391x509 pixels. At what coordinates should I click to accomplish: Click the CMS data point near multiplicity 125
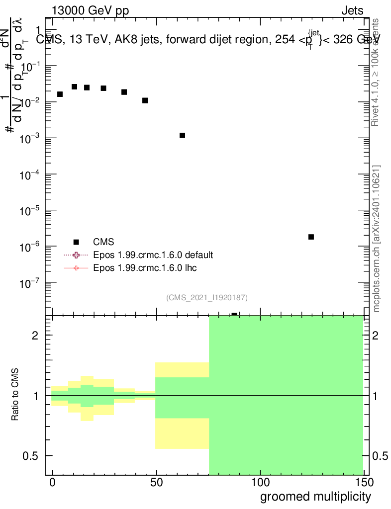(311, 237)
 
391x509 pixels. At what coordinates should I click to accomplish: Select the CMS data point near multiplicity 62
(182, 135)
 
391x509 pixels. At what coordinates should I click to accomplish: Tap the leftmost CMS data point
(60, 94)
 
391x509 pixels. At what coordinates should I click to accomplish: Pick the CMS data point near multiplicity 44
(145, 100)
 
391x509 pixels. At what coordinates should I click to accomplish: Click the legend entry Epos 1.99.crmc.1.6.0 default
(153, 255)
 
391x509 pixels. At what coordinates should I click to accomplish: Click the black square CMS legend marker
(76, 242)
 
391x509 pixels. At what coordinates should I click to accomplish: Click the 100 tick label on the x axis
(260, 482)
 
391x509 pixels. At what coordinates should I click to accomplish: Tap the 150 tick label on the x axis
(363, 482)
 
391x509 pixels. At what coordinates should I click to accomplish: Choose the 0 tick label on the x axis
(52, 482)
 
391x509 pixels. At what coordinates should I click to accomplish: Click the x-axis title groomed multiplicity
(315, 497)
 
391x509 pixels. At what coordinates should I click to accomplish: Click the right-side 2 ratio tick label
(376, 336)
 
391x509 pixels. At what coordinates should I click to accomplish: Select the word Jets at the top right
(352, 10)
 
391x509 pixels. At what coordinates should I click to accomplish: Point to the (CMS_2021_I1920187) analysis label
(207, 297)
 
